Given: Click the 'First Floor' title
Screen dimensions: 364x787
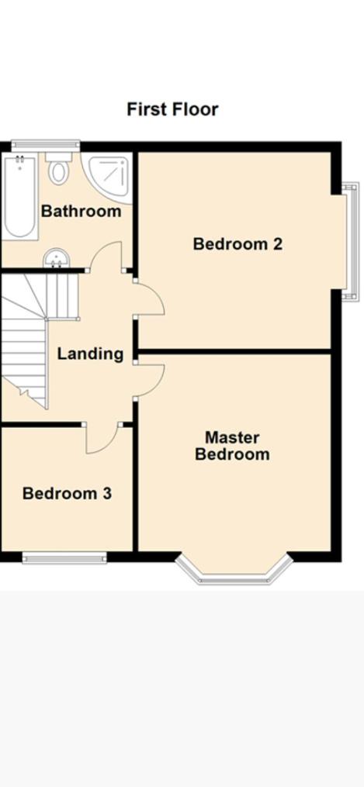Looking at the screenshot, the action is click(172, 109).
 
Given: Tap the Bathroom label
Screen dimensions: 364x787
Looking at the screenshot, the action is click(81, 211).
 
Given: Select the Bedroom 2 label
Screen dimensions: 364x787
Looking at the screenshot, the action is click(237, 244).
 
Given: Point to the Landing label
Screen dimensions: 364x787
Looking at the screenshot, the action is click(90, 354).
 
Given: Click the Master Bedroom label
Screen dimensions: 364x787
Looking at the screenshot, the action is click(233, 446).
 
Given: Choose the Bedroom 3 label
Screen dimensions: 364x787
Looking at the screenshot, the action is click(67, 493).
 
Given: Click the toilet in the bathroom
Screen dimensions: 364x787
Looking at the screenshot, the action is click(59, 168).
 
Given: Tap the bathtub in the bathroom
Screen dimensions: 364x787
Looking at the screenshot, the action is click(19, 197).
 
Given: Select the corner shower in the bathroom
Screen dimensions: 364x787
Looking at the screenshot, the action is click(107, 178).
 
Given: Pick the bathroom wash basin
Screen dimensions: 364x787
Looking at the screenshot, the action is click(56, 259).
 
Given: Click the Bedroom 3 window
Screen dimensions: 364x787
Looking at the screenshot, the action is click(64, 557).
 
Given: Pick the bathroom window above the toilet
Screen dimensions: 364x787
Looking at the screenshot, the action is click(46, 146).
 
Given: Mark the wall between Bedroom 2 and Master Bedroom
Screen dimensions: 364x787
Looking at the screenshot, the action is click(234, 351).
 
